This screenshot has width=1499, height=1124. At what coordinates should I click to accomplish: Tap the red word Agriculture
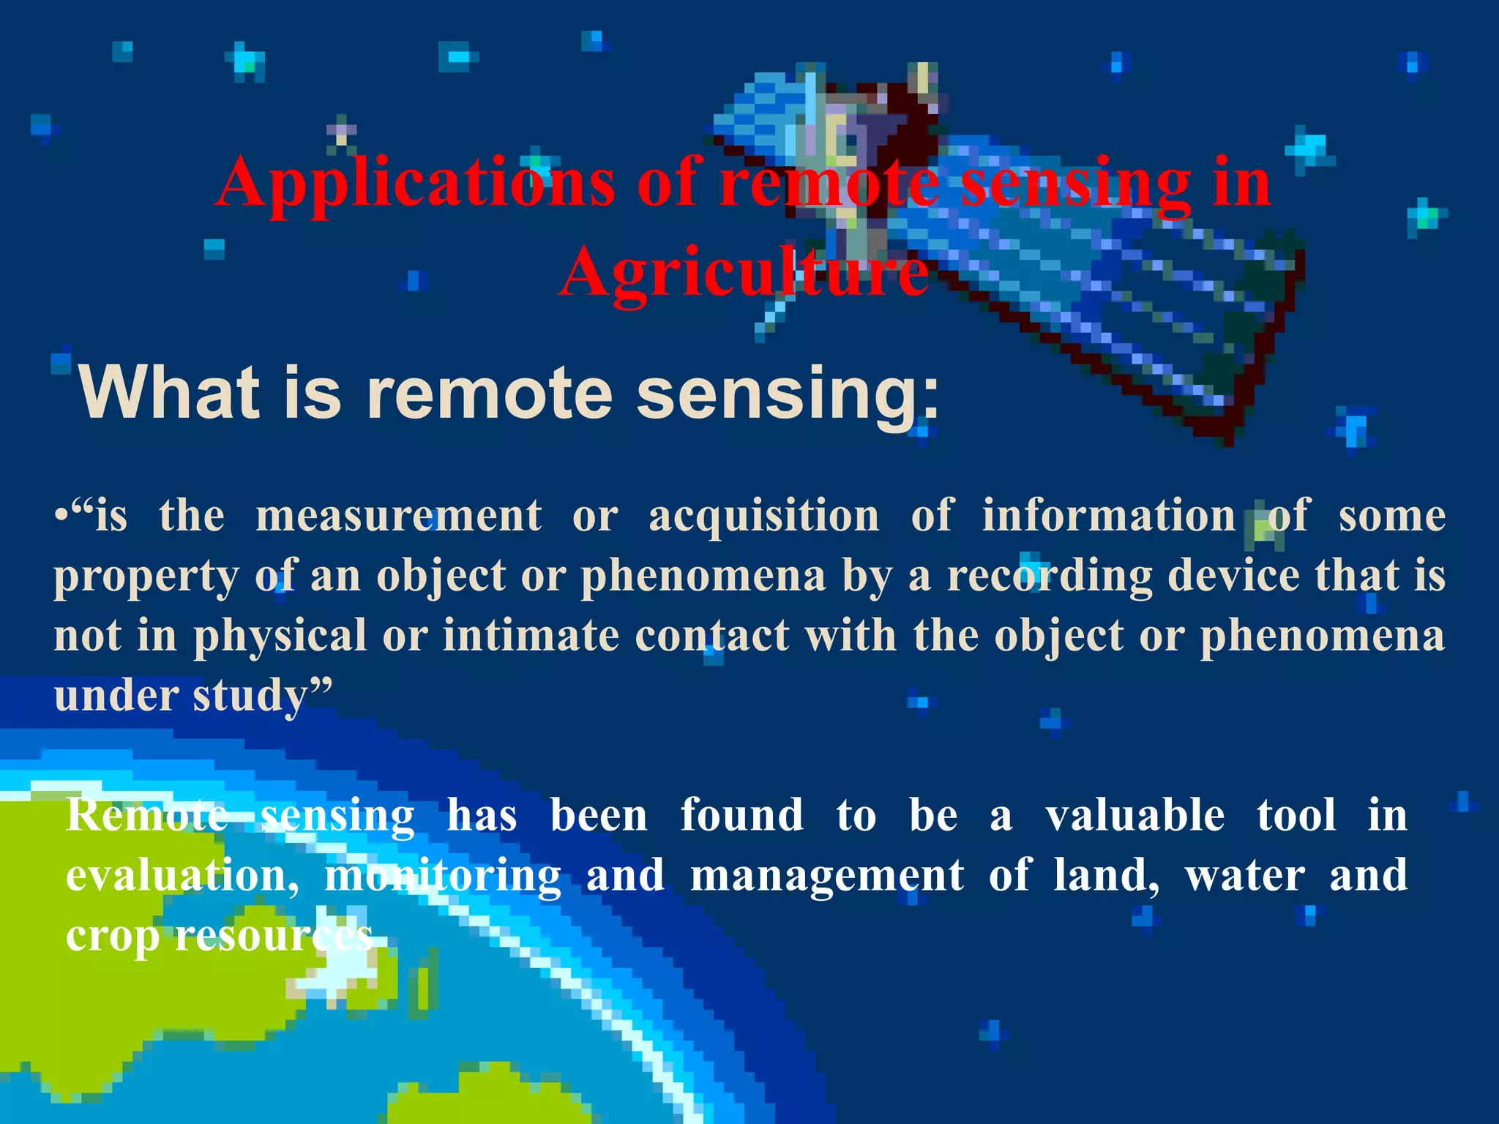pos(743,272)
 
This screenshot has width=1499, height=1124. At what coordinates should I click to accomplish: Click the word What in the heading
pos(169,393)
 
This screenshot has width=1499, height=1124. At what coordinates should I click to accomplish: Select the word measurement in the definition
pos(399,516)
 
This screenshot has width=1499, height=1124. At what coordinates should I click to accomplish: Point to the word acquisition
pos(764,516)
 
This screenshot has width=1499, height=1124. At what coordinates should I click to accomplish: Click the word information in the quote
pos(1109,516)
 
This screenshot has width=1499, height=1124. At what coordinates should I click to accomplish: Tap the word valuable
pos(1134,816)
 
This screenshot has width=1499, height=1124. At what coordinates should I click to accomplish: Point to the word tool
pos(1296,816)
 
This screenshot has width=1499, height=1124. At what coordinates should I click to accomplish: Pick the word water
pos(1245,876)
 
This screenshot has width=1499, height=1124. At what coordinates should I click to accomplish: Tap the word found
pos(741,816)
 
